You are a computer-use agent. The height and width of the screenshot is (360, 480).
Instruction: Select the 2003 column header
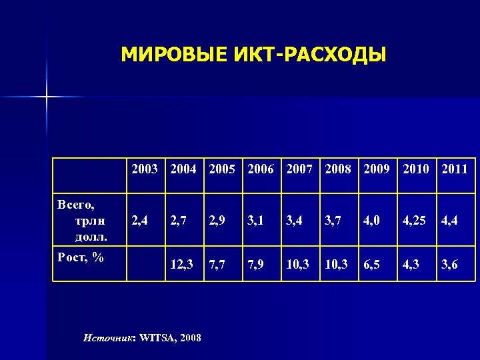pyautogui.click(x=145, y=169)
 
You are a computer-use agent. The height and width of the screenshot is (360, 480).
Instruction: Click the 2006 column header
pyautogui.click(x=260, y=169)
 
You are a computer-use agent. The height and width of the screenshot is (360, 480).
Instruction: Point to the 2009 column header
pyautogui.click(x=377, y=169)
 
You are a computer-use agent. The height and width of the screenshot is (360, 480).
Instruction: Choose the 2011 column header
pyautogui.click(x=454, y=169)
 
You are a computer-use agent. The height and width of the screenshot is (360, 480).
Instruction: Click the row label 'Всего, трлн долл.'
pyautogui.click(x=82, y=219)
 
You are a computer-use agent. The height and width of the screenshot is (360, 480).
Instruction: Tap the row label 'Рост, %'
pyautogui.click(x=80, y=257)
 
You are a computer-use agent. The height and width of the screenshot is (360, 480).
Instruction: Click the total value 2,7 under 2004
pyautogui.click(x=178, y=219)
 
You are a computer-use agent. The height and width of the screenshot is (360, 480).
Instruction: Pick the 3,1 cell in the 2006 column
pyautogui.click(x=255, y=219)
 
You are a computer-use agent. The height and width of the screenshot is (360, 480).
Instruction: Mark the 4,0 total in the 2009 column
pyautogui.click(x=371, y=219)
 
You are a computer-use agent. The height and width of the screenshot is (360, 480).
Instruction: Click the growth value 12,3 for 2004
pyautogui.click(x=181, y=265)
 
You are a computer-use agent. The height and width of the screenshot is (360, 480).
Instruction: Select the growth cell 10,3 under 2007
pyautogui.click(x=297, y=265)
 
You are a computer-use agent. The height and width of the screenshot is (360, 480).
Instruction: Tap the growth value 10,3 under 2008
pyautogui.click(x=336, y=265)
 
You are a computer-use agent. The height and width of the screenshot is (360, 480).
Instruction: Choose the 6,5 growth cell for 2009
pyautogui.click(x=371, y=265)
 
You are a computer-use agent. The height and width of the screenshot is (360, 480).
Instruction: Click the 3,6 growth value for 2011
pyautogui.click(x=449, y=265)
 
